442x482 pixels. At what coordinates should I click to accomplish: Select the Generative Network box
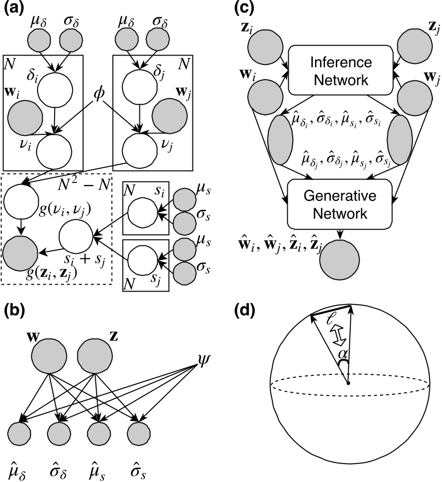coord(340,206)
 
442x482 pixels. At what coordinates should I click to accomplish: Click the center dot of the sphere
coord(348,383)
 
